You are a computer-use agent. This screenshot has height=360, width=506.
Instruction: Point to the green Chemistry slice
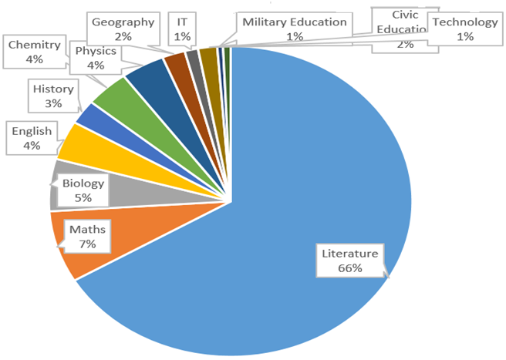pos(116,96)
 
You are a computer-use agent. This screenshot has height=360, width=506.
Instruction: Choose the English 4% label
pos(32,138)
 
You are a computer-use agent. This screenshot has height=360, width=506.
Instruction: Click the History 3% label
pos(53,96)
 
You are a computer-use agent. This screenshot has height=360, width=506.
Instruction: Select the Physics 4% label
pos(96,59)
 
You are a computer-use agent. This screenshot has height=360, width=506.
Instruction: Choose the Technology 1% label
pos(464,29)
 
